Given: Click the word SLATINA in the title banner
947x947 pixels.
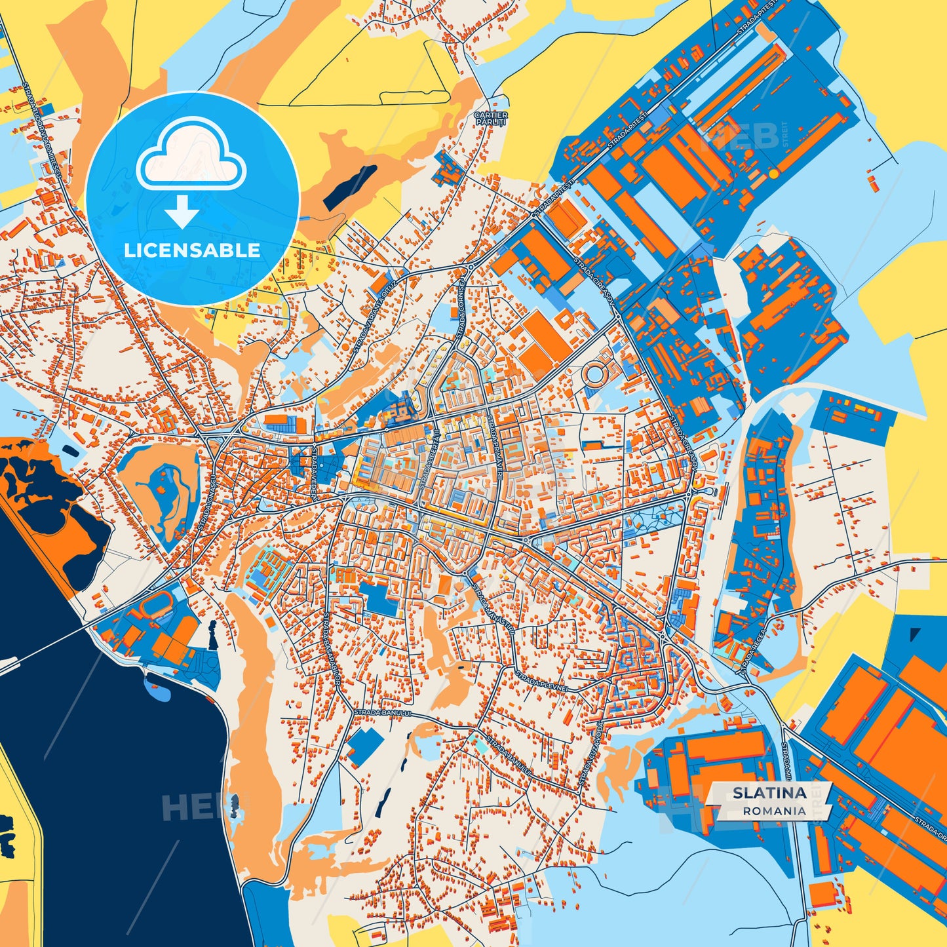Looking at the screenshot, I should point(769,793).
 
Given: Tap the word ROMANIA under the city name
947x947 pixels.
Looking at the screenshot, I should point(774,811).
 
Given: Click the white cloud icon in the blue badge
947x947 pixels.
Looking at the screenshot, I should point(191,158).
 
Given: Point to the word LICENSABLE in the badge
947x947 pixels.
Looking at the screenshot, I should point(192,250).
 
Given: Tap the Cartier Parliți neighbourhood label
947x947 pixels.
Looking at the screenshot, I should point(490,119).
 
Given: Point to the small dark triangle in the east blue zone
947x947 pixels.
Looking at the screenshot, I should point(915,634).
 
